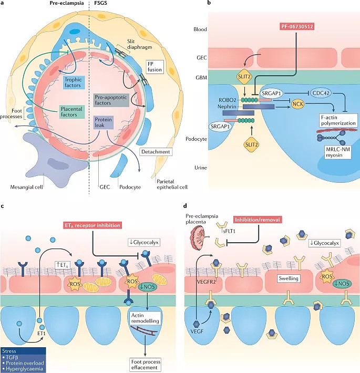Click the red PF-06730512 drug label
click(297, 26)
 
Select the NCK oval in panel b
click(298, 104)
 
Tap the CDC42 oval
click(321, 93)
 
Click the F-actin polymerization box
click(338, 120)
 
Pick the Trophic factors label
click(73, 82)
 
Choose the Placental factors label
click(71, 112)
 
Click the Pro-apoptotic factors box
click(111, 100)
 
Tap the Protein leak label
click(103, 122)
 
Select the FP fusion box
click(155, 67)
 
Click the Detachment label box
click(156, 152)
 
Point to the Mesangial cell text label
click(26, 187)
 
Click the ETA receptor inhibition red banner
click(92, 225)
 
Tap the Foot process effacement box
click(146, 365)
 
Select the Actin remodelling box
click(145, 318)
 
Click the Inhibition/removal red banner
click(257, 220)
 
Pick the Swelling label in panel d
click(289, 278)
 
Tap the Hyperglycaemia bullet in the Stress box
click(23, 369)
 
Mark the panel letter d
click(185, 205)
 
